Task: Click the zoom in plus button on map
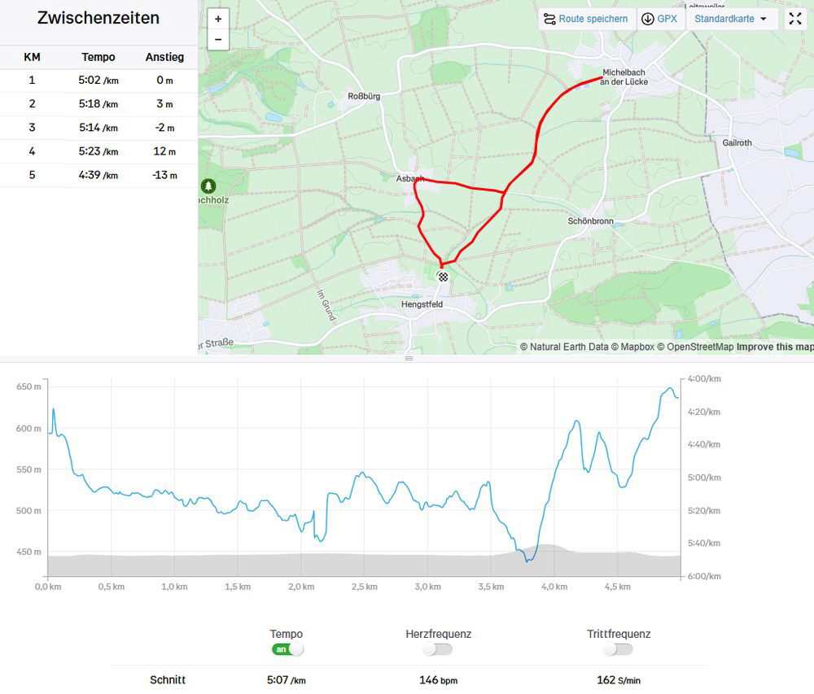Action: pyautogui.click(x=218, y=19)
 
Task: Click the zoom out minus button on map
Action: pyautogui.click(x=218, y=39)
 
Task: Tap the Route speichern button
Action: pyautogui.click(x=586, y=19)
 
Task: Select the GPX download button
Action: pyautogui.click(x=659, y=19)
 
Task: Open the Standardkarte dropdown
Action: pyautogui.click(x=730, y=19)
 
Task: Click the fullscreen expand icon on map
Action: pyautogui.click(x=795, y=19)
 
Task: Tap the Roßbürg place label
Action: pyautogui.click(x=364, y=96)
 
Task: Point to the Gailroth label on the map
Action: pyautogui.click(x=737, y=142)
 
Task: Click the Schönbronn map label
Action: pyautogui.click(x=590, y=221)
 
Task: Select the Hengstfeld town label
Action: pyautogui.click(x=422, y=304)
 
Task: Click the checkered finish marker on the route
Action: pyautogui.click(x=443, y=277)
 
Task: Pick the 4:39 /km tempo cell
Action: pyautogui.click(x=98, y=175)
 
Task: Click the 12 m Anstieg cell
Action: pyautogui.click(x=164, y=151)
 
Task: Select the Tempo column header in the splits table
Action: pyautogui.click(x=98, y=57)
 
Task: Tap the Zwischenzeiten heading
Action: pyautogui.click(x=98, y=18)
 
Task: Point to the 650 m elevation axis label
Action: pyautogui.click(x=28, y=386)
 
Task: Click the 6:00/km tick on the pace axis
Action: pyautogui.click(x=703, y=576)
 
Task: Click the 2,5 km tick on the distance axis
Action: pyautogui.click(x=364, y=587)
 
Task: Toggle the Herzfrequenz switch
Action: pyautogui.click(x=437, y=649)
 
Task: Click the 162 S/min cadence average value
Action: pyautogui.click(x=618, y=680)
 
